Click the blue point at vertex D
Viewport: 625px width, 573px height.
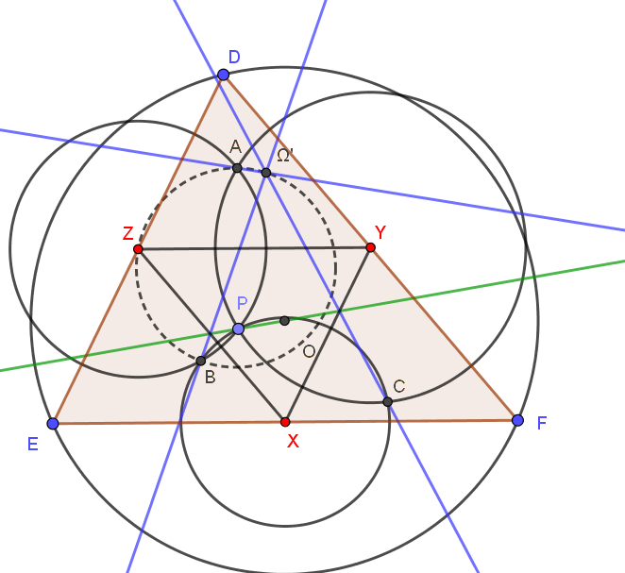pyautogui.click(x=223, y=75)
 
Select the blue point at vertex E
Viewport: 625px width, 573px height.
pyautogui.click(x=53, y=423)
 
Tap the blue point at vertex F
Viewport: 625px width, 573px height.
pyautogui.click(x=517, y=420)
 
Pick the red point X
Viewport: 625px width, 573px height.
pyautogui.click(x=285, y=422)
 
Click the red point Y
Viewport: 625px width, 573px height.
pyautogui.click(x=370, y=247)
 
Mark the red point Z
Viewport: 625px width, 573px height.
pyautogui.click(x=138, y=249)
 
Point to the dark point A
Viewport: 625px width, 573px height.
pyautogui.click(x=237, y=168)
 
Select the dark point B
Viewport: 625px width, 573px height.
pyautogui.click(x=201, y=361)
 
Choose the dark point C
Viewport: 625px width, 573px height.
pyautogui.click(x=387, y=401)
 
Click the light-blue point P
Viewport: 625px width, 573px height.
pyautogui.click(x=238, y=329)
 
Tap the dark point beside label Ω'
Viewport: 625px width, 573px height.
pyautogui.click(x=266, y=173)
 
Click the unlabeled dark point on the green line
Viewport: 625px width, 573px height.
pyautogui.click(x=284, y=320)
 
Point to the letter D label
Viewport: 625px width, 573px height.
pyautogui.click(x=234, y=57)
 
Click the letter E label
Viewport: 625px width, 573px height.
pyautogui.click(x=33, y=444)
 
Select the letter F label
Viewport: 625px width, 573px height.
pyautogui.click(x=542, y=423)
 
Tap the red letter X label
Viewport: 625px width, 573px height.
pyautogui.click(x=293, y=442)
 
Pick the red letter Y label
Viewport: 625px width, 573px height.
pyautogui.click(x=380, y=232)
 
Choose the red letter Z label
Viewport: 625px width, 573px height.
pyautogui.click(x=128, y=233)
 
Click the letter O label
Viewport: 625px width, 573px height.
pyautogui.click(x=310, y=351)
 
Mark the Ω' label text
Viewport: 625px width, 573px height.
pyautogui.click(x=284, y=155)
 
